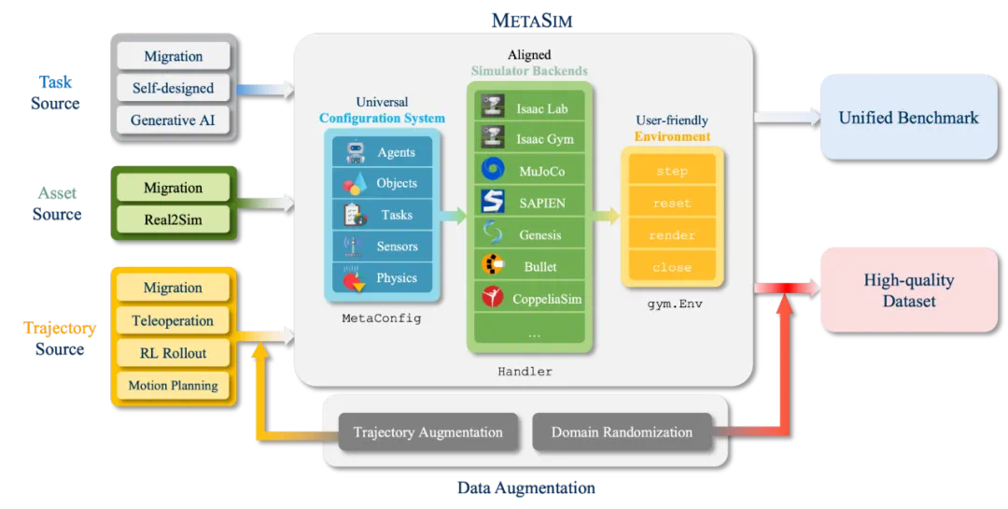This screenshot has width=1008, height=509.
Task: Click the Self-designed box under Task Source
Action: [x=173, y=88]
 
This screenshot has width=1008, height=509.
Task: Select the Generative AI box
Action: [x=173, y=120]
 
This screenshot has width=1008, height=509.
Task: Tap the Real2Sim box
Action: [x=173, y=219]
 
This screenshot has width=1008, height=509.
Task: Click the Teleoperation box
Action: [x=173, y=320]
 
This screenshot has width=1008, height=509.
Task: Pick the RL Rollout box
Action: [x=173, y=353]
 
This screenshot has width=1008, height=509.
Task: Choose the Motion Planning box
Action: [x=173, y=386]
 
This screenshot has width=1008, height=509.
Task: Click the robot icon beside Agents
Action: [x=355, y=152]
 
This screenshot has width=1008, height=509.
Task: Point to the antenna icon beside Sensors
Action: [x=353, y=246]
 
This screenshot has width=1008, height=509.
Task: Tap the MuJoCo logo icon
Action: [x=493, y=169]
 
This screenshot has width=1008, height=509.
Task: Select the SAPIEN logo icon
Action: [x=493, y=202]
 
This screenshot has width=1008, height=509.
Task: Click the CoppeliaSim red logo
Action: [x=493, y=297]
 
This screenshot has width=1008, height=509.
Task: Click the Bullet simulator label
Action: [x=540, y=266]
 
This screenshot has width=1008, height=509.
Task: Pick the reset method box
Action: [x=672, y=203]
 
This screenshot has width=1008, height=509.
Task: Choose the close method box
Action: [x=672, y=267]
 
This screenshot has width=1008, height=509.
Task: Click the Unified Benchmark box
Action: [x=908, y=117]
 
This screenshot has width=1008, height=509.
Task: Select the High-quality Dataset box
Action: [x=908, y=290]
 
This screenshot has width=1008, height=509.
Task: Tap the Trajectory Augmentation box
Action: [x=428, y=432]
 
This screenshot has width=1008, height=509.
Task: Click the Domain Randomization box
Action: [x=622, y=432]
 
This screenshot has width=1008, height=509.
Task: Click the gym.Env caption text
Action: [x=675, y=304]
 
